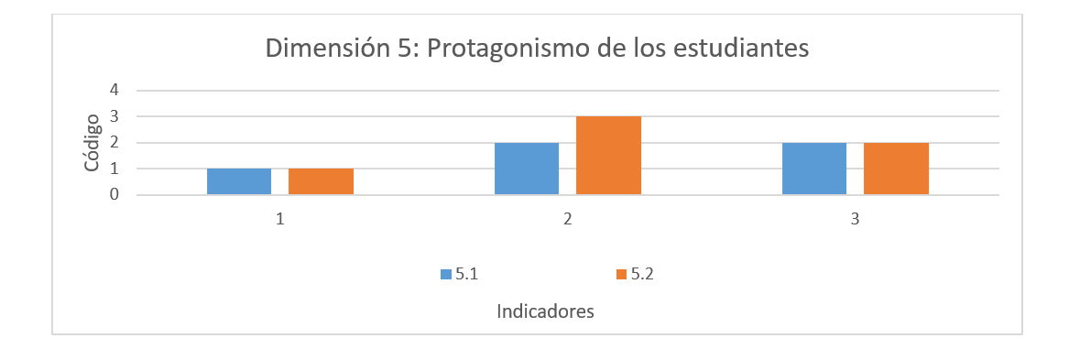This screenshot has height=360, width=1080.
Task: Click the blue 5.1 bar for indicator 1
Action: pos(239,181)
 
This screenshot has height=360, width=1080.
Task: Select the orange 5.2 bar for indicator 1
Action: pos(321,181)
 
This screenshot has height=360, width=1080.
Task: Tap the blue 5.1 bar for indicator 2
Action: pos(527,169)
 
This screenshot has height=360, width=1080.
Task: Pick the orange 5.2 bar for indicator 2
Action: pos(608,156)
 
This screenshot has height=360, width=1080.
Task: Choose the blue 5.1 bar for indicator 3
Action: pos(814,169)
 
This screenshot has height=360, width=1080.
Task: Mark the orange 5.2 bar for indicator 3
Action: pos(896,169)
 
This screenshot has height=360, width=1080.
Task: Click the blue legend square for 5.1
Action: pos(446,274)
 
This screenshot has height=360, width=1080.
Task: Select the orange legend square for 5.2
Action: pos(622,274)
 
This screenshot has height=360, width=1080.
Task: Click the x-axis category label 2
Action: pos(568,220)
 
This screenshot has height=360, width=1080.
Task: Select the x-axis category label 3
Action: pos(855,220)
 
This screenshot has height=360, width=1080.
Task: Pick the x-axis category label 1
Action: pos(280,220)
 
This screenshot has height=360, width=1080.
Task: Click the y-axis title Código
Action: pos(93,142)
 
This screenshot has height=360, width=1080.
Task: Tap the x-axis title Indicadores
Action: pos(545,311)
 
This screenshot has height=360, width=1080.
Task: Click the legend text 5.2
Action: pos(642,274)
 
